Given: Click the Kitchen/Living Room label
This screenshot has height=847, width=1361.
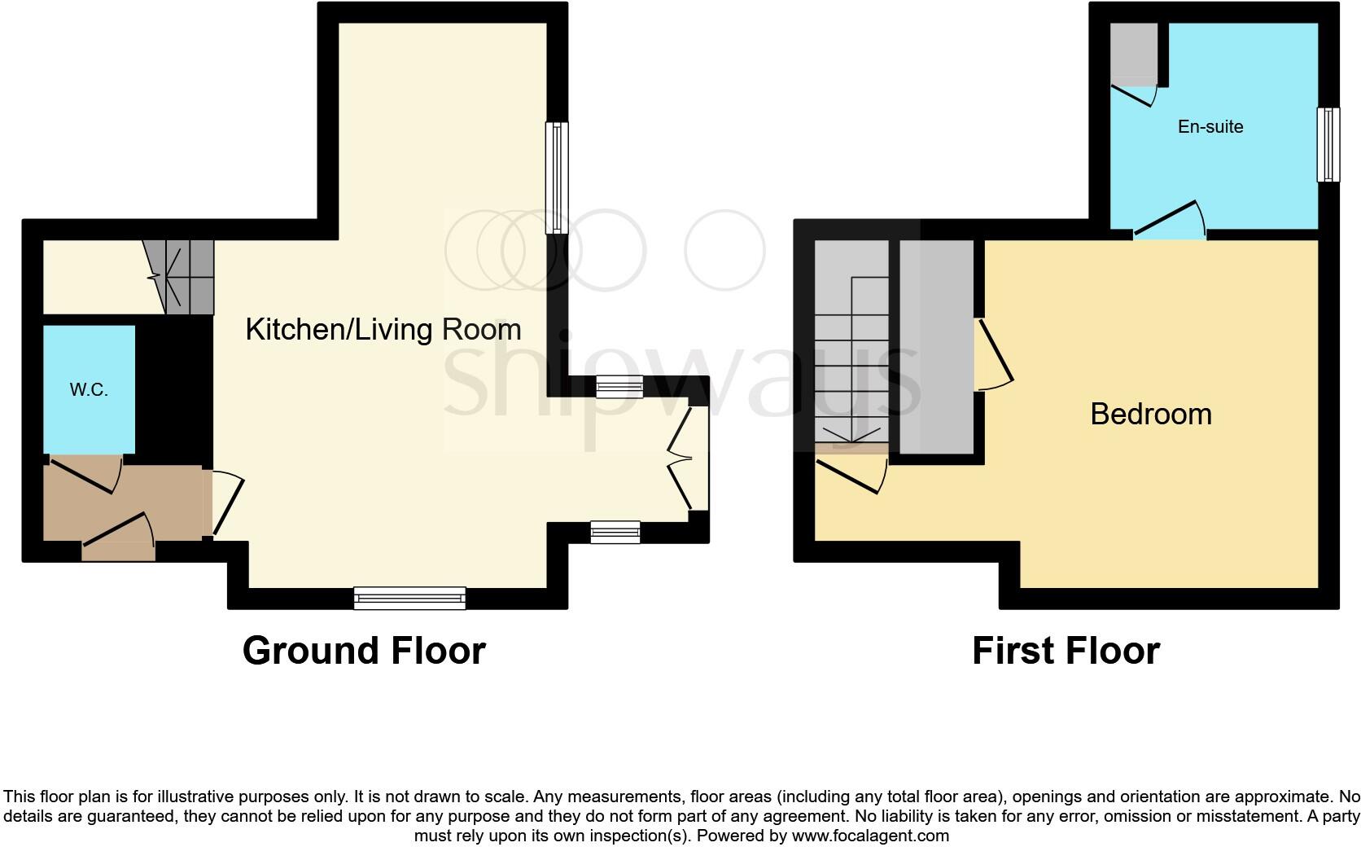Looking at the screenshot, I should (x=383, y=330).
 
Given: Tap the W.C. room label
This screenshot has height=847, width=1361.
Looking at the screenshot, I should (x=89, y=390).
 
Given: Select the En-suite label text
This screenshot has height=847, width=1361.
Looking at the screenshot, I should (x=1210, y=127).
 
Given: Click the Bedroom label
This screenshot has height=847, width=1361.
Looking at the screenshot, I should (x=1150, y=415).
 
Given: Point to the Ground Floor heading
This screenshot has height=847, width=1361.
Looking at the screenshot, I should (x=364, y=651).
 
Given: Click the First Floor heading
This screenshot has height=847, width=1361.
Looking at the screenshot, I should (x=1066, y=651).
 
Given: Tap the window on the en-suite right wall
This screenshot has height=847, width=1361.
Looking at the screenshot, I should (x=1328, y=145).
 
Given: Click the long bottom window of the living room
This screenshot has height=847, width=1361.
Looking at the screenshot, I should (x=409, y=599).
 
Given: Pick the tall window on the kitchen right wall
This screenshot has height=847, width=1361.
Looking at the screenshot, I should (x=557, y=178).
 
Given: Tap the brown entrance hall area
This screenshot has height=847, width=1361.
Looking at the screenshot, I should (x=122, y=501).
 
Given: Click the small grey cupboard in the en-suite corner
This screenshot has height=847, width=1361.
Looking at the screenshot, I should (x=1134, y=53).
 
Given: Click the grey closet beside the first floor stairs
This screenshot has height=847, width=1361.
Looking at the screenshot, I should (x=936, y=346).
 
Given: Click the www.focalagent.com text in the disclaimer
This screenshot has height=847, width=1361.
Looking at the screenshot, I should (x=870, y=836).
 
